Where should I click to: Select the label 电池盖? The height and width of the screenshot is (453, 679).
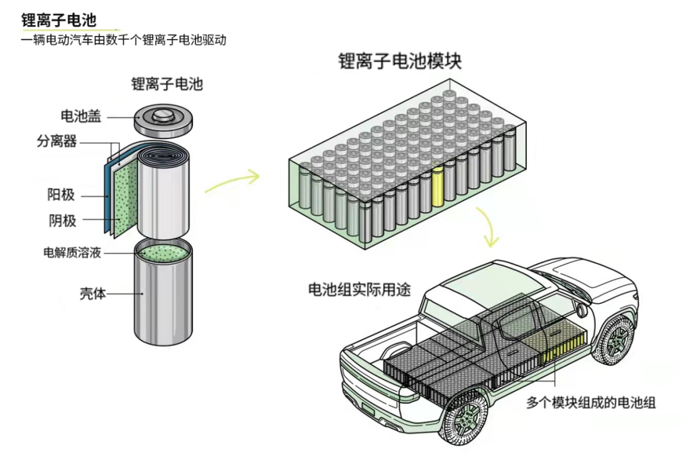80,116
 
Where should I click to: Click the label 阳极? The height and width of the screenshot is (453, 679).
62,195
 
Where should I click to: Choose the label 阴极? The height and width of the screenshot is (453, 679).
62,220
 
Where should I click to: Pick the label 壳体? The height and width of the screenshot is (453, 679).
92,293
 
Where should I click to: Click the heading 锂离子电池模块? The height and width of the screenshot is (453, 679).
400,62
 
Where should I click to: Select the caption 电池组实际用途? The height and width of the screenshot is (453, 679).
359,290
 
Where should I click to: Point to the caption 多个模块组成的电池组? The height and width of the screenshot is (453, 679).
590,402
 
